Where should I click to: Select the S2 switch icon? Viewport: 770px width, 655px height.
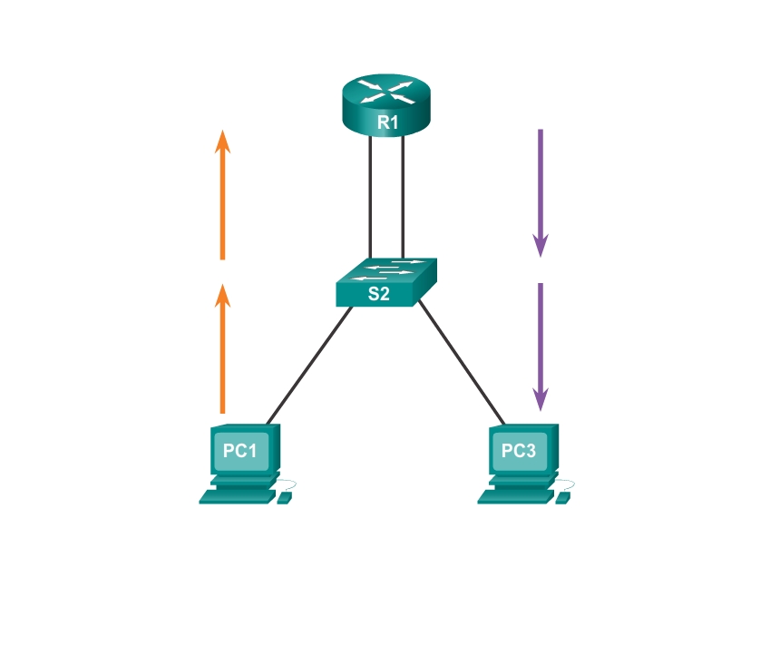coord(385,282)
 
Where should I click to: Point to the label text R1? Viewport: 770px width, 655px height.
coord(386,122)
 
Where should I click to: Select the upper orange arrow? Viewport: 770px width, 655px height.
coord(222,194)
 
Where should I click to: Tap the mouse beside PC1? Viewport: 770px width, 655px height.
coord(285,498)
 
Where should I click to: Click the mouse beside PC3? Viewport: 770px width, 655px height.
coord(564,498)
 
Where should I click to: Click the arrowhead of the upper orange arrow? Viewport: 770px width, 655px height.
coord(222,139)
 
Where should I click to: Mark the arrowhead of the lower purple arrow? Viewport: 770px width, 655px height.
coord(541,398)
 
